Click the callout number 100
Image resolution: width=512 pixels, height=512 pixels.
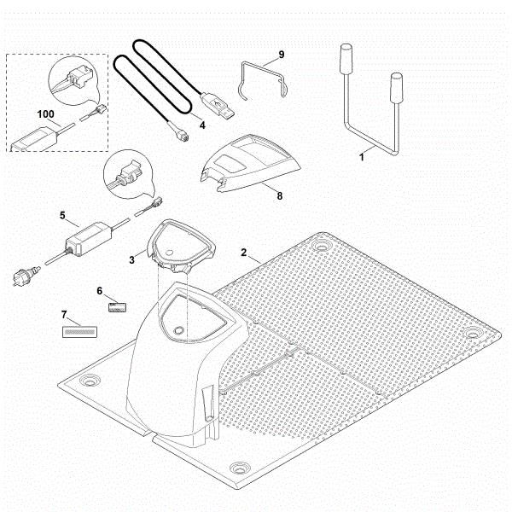(x=45, y=113)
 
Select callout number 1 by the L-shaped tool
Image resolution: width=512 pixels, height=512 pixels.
(x=361, y=157)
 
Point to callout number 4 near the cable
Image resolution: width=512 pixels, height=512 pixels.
(x=202, y=125)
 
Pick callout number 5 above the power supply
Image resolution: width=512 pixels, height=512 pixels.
(x=62, y=216)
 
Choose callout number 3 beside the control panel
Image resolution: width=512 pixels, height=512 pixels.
(x=130, y=259)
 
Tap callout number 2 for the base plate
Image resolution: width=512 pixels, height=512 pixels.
(x=245, y=254)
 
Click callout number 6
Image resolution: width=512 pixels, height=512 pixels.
(x=100, y=291)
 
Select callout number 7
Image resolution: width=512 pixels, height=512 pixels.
(x=65, y=315)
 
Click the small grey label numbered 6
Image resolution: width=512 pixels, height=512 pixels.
(x=116, y=305)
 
